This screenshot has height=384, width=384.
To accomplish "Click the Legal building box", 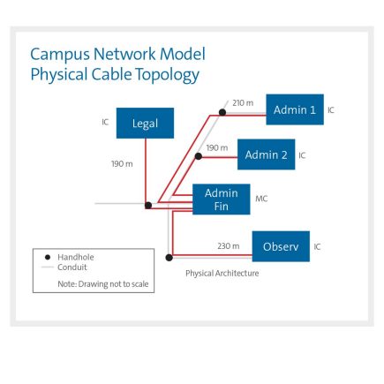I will pos(145,124).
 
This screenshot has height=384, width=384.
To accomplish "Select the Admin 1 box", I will pos(295,109).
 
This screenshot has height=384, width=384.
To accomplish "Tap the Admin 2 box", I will pos(266,154).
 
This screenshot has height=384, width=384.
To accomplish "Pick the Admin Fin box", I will pos(221,200).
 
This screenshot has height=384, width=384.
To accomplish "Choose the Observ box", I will pos(281,245).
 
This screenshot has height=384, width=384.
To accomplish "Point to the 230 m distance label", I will pos(228,246).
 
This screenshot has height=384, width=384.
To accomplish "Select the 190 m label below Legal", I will pos(122,163).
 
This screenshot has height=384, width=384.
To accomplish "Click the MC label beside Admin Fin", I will pos(261,200).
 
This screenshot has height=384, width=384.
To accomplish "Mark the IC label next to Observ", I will pos(318,246).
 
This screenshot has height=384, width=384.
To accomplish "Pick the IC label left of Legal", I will pos(105,123).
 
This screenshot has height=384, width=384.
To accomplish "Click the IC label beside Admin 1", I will pos(331,110).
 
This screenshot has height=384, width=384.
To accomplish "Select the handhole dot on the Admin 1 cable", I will pos(222,112).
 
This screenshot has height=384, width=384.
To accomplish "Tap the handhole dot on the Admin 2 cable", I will pos(199,156).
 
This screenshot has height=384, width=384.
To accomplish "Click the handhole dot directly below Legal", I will pos(148,205).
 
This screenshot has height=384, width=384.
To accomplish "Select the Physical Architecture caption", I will pos(222,274).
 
